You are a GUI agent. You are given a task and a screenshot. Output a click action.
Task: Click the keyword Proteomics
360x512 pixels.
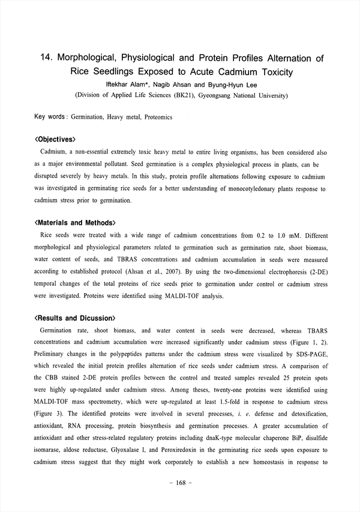[158, 118]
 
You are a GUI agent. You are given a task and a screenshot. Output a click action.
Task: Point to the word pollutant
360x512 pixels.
[148, 164]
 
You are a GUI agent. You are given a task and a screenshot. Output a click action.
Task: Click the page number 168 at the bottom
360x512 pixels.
[180, 499]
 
